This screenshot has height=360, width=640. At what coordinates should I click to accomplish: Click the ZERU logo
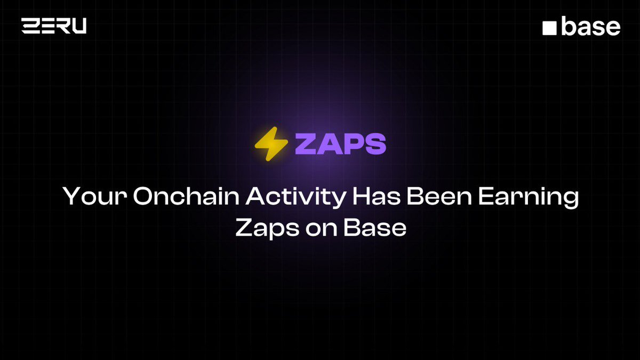click(54, 26)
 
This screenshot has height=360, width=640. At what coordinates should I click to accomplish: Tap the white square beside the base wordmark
click(549, 28)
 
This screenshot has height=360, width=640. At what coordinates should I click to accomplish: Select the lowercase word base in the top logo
click(590, 26)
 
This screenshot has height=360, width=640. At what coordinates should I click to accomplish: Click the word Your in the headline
click(93, 197)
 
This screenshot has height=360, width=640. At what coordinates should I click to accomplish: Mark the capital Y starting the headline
click(71, 197)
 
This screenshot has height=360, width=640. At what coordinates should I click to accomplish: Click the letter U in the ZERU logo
click(78, 26)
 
